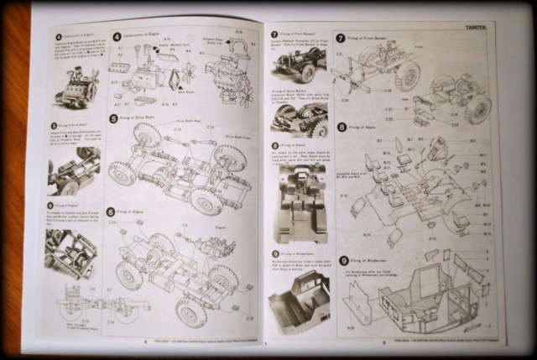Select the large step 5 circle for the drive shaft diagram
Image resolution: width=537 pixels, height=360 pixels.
pyautogui.click(x=112, y=119)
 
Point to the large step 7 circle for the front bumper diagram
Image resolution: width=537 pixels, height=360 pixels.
pyautogui.click(x=341, y=39)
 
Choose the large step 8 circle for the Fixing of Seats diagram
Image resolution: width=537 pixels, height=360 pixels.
pyautogui.click(x=341, y=128)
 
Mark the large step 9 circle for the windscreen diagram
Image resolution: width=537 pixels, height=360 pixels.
pyautogui.click(x=341, y=261)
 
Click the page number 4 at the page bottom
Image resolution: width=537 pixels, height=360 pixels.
pyautogui.click(x=144, y=342)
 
